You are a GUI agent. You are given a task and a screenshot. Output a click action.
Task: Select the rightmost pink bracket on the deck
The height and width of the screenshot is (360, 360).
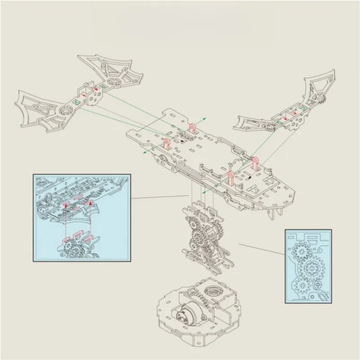[x=255, y=162]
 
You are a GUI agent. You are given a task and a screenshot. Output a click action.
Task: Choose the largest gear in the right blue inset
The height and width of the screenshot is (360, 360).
[x=311, y=269]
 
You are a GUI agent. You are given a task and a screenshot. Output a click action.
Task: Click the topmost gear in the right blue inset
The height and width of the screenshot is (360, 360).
[x=301, y=249]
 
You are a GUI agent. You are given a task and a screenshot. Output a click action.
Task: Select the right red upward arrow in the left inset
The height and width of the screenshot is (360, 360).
[x=91, y=205]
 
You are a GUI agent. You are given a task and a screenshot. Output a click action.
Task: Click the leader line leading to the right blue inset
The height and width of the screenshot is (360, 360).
[x=261, y=250]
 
